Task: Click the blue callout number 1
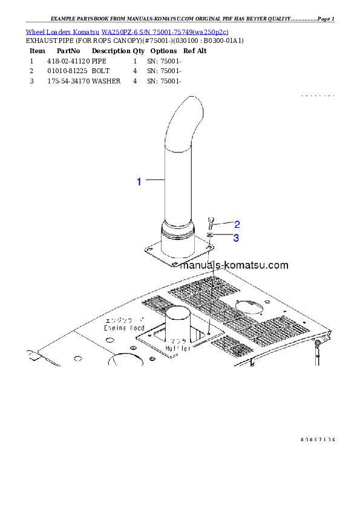coord(139,181)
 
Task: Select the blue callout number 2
coord(237,224)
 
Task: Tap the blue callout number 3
coord(237,238)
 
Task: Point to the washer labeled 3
coord(210,235)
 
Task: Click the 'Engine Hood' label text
coord(123,327)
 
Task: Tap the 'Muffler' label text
coord(177,348)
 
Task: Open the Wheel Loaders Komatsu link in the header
coord(127,31)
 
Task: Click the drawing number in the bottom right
coord(317,439)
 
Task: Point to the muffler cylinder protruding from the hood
coord(177,320)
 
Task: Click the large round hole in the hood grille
coord(248,306)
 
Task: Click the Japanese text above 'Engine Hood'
coord(123,320)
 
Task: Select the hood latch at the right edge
coord(317,347)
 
